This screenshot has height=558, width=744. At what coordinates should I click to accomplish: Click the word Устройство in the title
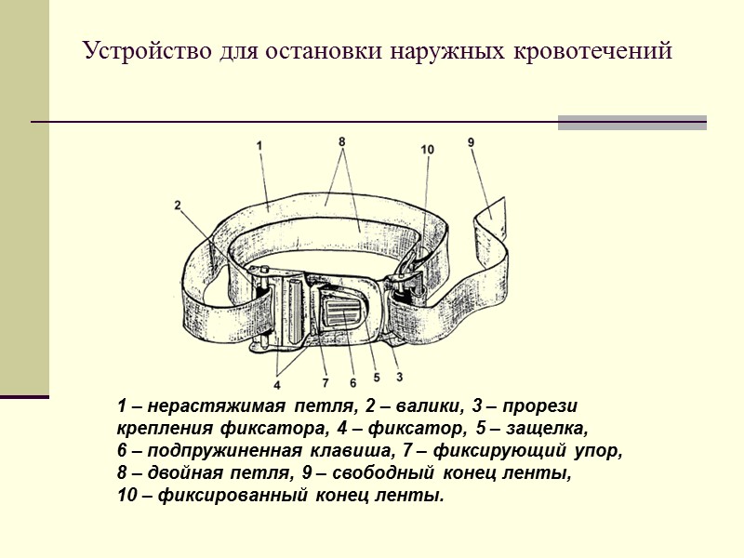[134, 50]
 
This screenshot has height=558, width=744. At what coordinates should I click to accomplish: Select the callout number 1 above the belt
[259, 145]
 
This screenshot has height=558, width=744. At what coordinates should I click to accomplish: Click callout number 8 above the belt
[342, 141]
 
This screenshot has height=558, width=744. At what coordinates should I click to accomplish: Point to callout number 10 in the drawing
[427, 149]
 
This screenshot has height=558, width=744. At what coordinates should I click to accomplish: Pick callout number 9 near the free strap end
[472, 142]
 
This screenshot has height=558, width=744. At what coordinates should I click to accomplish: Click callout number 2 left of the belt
[177, 206]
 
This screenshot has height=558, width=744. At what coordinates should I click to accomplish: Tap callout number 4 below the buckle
[277, 384]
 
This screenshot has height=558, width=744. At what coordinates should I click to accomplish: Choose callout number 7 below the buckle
[325, 382]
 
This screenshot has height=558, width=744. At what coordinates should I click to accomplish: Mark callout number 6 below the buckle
[352, 382]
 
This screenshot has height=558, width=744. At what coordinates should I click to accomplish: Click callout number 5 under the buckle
[376, 378]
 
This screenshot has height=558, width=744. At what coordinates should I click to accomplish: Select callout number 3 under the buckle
[399, 377]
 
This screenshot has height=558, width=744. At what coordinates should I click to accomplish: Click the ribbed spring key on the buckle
[344, 311]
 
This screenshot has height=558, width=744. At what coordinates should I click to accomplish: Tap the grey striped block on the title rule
[631, 122]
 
